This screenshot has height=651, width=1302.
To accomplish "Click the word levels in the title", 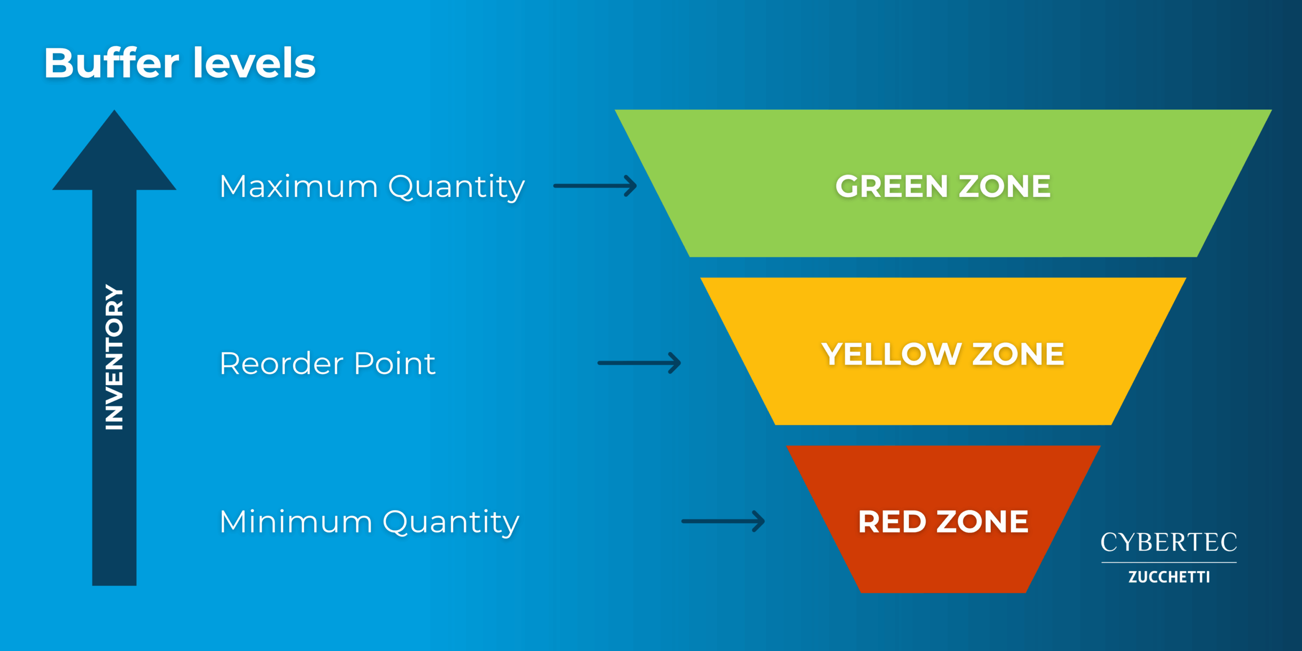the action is pyautogui.click(x=254, y=63).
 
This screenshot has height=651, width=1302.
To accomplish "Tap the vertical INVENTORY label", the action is pyautogui.click(x=114, y=357).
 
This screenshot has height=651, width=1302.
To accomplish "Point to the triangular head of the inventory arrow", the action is pyautogui.click(x=114, y=150).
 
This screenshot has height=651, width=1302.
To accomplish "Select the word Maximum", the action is pyautogui.click(x=299, y=186).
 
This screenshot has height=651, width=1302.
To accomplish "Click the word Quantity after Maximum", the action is pyautogui.click(x=456, y=187).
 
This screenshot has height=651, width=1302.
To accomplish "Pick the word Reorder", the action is pyautogui.click(x=282, y=364).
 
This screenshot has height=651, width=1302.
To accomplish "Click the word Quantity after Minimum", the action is pyautogui.click(x=451, y=523).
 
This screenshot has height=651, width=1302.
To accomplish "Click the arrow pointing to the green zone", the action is pyautogui.click(x=595, y=186).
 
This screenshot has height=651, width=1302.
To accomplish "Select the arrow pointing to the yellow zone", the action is pyautogui.click(x=639, y=363).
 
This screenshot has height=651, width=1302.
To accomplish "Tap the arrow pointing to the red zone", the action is pyautogui.click(x=723, y=521).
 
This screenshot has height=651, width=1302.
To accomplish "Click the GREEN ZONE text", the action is pyautogui.click(x=943, y=186).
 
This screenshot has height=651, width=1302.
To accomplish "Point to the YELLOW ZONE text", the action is pyautogui.click(x=943, y=354).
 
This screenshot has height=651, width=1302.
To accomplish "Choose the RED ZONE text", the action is pyautogui.click(x=943, y=522).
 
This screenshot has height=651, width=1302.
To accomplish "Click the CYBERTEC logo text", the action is pyautogui.click(x=1169, y=542).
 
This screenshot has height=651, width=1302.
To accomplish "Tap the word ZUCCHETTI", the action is pyautogui.click(x=1169, y=577).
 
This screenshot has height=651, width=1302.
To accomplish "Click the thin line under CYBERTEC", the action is pyautogui.click(x=1169, y=563).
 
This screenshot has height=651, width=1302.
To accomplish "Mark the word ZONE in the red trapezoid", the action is pyautogui.click(x=983, y=522).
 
